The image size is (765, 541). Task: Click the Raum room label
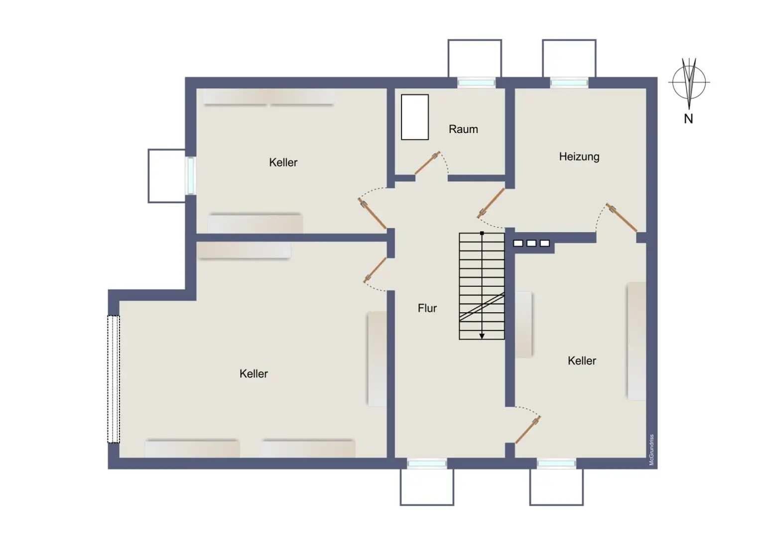[x=463, y=130]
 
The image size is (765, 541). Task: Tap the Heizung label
[x=579, y=157]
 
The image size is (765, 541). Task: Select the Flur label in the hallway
[x=427, y=308]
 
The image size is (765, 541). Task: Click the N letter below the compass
[x=688, y=119]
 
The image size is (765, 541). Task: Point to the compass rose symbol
[x=689, y=82]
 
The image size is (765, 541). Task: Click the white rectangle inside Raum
[x=415, y=117]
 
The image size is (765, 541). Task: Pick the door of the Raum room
[x=427, y=163]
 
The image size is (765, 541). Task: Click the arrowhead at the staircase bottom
[x=482, y=336]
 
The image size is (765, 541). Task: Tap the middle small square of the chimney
[x=531, y=243]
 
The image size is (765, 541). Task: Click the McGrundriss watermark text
[x=651, y=450]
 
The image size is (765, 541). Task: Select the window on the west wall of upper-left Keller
[x=190, y=175]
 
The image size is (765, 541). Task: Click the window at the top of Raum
[x=476, y=82]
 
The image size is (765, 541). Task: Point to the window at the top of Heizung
[x=569, y=82]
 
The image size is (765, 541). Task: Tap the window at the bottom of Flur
[x=427, y=464]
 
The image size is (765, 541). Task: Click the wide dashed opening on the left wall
[x=114, y=379]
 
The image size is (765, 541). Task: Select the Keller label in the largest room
[x=254, y=374]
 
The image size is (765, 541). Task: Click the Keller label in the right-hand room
[x=582, y=361]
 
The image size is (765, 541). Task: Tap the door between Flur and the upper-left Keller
[x=373, y=214]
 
